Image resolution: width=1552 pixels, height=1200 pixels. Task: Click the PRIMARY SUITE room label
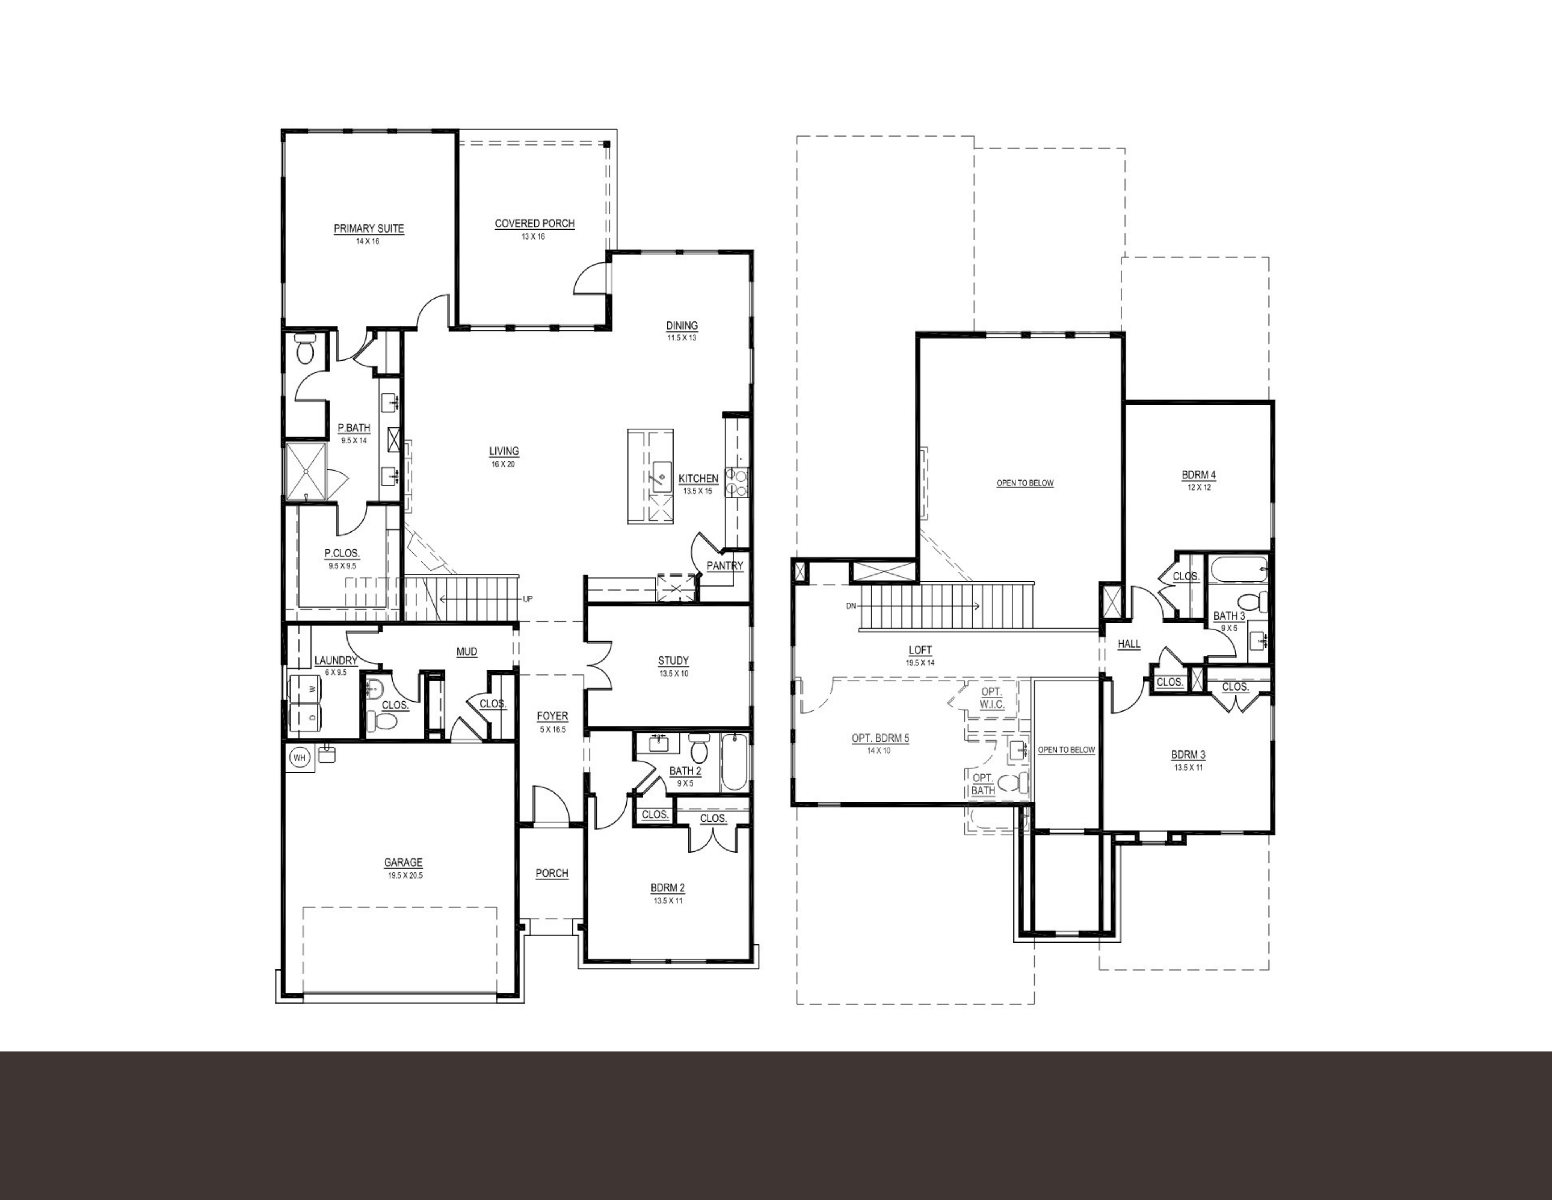click(x=369, y=229)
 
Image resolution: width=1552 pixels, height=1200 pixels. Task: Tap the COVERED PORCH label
click(x=534, y=223)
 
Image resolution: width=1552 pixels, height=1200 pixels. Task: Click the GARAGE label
click(x=403, y=862)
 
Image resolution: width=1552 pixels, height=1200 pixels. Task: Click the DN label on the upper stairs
click(x=851, y=606)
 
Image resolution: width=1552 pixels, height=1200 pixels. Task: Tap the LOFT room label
click(x=920, y=650)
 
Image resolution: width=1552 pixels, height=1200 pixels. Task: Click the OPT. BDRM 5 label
click(x=880, y=738)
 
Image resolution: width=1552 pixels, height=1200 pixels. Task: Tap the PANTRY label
click(x=725, y=566)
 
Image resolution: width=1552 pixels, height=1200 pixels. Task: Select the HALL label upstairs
click(x=1129, y=644)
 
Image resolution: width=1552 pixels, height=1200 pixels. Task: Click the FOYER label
click(x=552, y=716)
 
